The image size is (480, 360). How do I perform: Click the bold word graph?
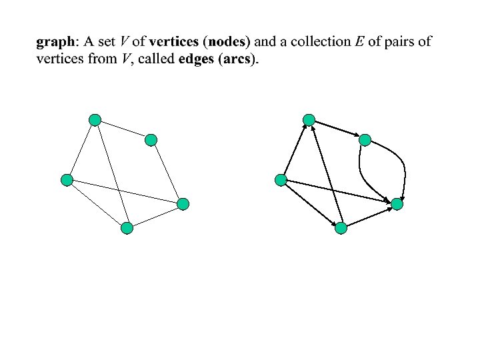click(56, 42)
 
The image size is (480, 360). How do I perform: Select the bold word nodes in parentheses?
click(228, 42)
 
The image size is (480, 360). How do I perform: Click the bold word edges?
click(197, 59)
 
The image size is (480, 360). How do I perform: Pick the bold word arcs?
click(238, 59)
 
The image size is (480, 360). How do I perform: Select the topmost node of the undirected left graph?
click(95, 120)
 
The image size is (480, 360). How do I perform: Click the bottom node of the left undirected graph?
click(127, 228)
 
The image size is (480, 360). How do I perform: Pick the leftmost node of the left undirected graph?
click(66, 179)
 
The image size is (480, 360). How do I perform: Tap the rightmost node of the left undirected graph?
click(183, 205)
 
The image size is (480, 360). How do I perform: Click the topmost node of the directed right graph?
click(309, 120)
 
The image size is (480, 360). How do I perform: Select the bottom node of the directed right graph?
click(341, 228)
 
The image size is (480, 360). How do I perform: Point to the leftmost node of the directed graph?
click(281, 179)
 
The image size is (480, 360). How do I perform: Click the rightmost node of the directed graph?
click(397, 205)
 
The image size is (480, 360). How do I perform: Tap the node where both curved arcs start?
click(365, 140)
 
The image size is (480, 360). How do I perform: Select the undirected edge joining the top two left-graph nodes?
click(123, 130)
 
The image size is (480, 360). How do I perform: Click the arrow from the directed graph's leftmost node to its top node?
click(295, 150)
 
